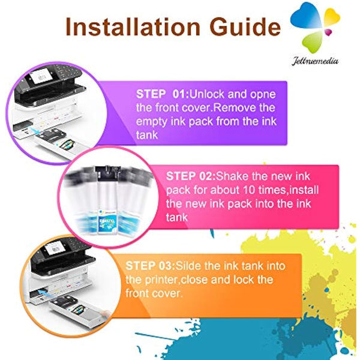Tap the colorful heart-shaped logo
click(x=322, y=24)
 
